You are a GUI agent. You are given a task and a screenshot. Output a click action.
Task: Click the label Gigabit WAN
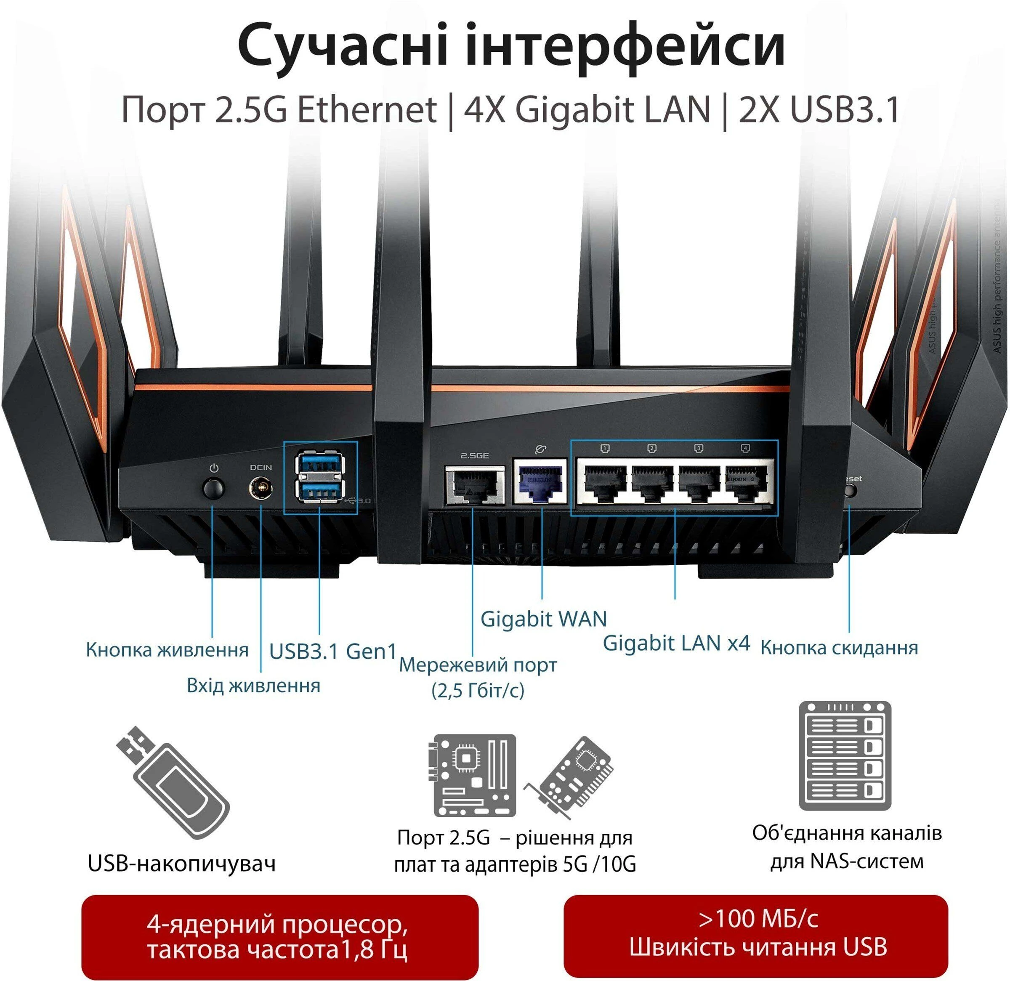click(543, 619)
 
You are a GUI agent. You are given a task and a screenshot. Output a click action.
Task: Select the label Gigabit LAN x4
click(676, 643)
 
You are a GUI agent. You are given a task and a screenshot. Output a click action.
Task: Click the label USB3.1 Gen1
click(333, 651)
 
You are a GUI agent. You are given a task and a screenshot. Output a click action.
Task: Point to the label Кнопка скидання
click(839, 648)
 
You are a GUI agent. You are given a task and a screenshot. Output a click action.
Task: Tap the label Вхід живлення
click(253, 686)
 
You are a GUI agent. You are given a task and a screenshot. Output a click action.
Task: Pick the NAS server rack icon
click(845, 755)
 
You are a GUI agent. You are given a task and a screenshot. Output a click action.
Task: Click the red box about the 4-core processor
click(280, 936)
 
